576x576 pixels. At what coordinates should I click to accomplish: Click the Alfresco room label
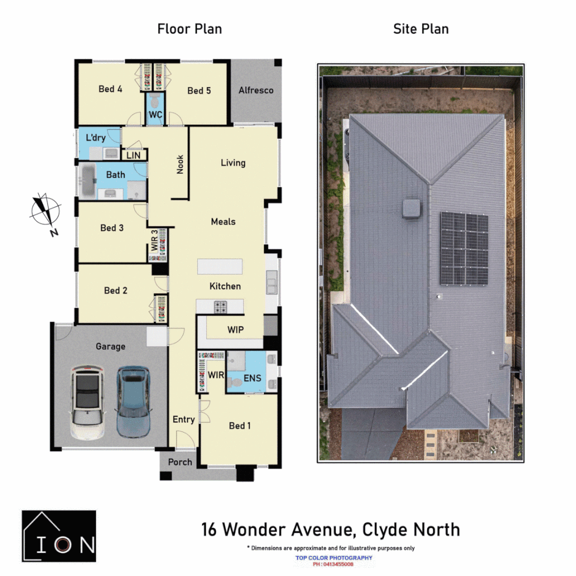(256, 90)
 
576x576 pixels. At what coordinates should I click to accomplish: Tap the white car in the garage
(87, 403)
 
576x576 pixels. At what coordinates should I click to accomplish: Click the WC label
(155, 115)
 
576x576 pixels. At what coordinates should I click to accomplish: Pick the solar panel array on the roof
(464, 249)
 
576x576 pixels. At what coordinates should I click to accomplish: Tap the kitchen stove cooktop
(220, 307)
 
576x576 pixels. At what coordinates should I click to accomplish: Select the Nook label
(180, 165)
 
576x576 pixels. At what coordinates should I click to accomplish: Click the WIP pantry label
(235, 330)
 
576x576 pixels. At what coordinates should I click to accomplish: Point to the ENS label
(252, 378)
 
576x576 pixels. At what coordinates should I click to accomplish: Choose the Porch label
(180, 462)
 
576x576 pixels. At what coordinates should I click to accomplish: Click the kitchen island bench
(219, 266)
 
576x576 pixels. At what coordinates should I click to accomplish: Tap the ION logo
(59, 536)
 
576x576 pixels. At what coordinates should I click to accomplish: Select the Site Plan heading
(421, 29)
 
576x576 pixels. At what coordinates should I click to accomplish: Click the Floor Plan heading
(189, 29)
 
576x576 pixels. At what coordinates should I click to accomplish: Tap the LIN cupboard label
(133, 155)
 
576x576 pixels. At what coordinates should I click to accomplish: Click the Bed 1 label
(239, 426)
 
